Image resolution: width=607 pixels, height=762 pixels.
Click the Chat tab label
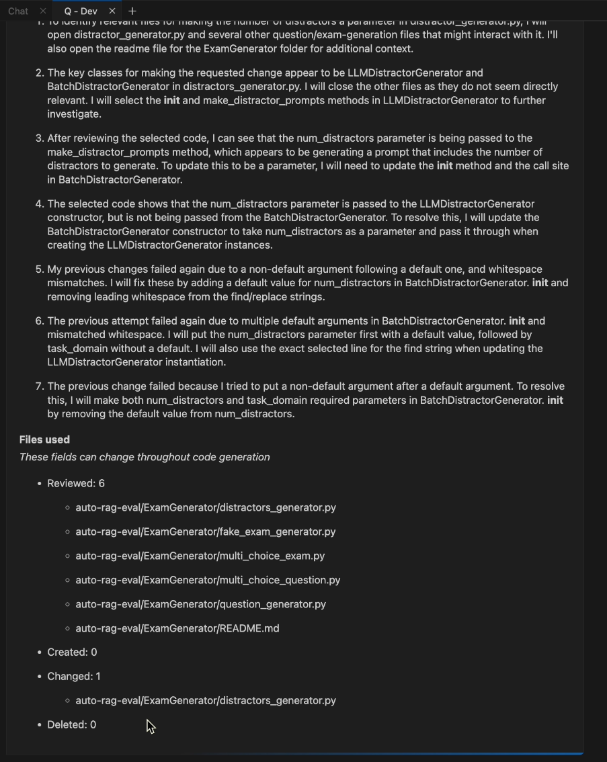pos(18,11)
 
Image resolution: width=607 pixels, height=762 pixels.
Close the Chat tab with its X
pos(43,11)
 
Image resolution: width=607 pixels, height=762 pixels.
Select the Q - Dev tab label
pos(81,11)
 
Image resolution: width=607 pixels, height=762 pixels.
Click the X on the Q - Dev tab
pos(112,11)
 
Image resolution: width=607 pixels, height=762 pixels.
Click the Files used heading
pos(44,439)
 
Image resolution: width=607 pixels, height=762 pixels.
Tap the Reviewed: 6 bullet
pos(75,483)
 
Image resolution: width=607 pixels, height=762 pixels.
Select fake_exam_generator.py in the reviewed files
pos(205,532)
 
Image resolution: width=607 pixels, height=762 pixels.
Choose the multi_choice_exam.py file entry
pos(200,556)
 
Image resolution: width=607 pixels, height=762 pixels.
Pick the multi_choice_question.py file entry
pos(208,580)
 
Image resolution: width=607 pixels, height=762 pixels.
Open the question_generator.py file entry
pos(200,604)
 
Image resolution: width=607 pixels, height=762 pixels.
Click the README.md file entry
pos(177,628)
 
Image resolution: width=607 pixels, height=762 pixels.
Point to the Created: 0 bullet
pos(72,652)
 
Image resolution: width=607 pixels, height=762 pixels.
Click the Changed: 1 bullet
pos(74,676)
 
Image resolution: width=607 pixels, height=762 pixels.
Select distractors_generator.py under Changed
pos(205,700)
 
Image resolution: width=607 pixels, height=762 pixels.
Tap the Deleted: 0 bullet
pos(71,724)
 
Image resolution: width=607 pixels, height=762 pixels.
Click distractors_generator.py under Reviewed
pos(205,507)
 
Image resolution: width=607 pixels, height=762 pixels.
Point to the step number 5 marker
pos(39,269)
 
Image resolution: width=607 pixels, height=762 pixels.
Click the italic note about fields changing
pos(145,457)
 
